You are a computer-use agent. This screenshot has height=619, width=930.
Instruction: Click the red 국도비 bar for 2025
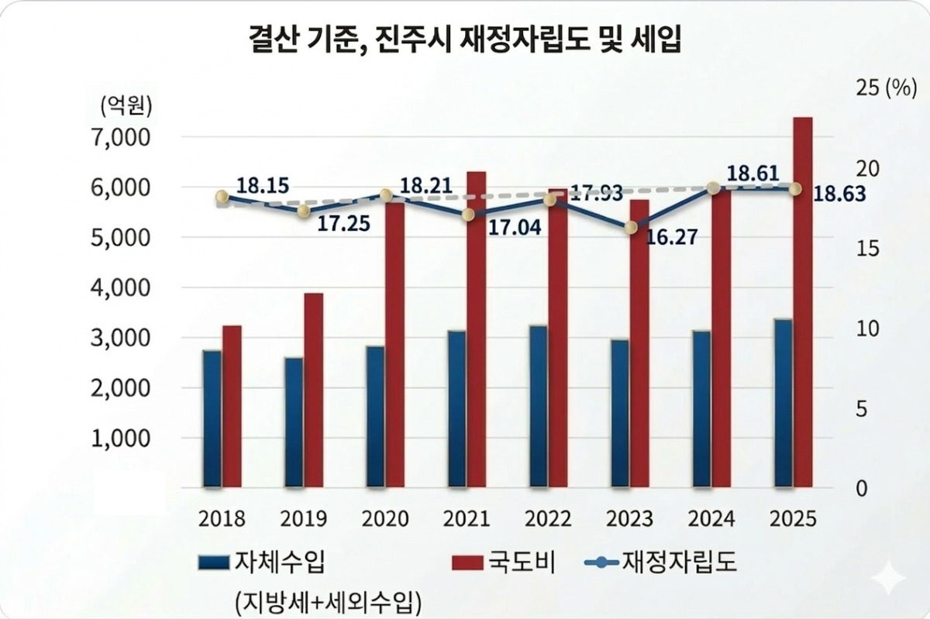click(802, 302)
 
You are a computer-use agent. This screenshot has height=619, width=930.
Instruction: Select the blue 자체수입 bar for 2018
click(212, 418)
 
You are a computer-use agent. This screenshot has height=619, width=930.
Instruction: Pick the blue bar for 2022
click(538, 406)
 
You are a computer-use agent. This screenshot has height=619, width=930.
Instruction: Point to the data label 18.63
click(839, 194)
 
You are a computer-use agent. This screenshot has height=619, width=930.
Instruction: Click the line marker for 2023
click(631, 227)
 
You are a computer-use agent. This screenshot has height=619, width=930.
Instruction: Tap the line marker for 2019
click(304, 211)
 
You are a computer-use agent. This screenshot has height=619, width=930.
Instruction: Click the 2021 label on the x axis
click(467, 518)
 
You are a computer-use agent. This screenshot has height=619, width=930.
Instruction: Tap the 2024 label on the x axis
click(711, 518)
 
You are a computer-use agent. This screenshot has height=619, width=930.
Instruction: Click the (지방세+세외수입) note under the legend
click(325, 599)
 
